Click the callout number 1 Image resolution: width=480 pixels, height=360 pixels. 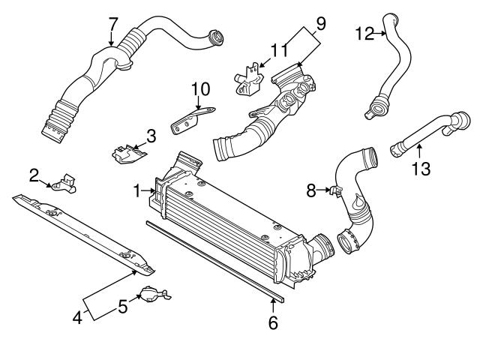click(138, 192)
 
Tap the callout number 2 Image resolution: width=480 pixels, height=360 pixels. click(34, 175)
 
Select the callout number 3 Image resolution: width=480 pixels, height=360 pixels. click(151, 136)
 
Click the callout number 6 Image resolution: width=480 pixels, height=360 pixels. click(273, 323)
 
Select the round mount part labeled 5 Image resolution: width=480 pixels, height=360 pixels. click(153, 295)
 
